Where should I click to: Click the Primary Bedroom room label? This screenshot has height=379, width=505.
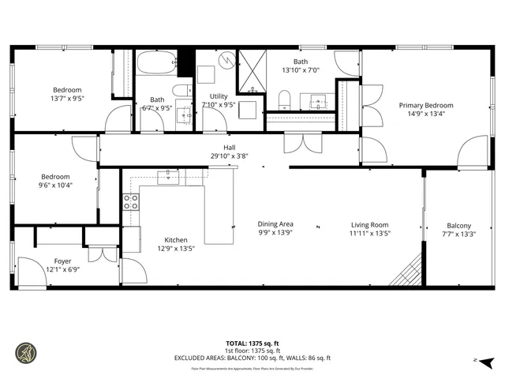[426, 105]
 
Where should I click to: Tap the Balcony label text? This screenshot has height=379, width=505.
[458, 225]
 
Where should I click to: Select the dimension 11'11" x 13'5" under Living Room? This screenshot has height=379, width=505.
[369, 233]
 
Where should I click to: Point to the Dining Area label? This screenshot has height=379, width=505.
[275, 224]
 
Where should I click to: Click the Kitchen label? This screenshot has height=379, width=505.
[175, 240]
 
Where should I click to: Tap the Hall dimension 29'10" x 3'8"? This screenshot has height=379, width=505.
[229, 156]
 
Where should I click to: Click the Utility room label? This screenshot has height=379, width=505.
[219, 96]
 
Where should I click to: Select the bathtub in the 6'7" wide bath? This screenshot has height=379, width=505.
[158, 63]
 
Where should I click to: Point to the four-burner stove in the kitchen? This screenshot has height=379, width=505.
[130, 201]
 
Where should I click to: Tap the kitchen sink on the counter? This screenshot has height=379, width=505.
[168, 177]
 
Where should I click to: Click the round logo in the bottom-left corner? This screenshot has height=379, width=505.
[26, 352]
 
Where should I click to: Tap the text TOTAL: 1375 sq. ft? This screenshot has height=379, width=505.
[252, 343]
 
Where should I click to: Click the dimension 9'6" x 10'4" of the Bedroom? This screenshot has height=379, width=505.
[56, 186]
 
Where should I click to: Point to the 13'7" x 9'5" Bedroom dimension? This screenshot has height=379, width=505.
[67, 99]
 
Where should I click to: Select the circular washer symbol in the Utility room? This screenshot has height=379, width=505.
[227, 58]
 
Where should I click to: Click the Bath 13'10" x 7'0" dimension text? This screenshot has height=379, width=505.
[300, 69]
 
